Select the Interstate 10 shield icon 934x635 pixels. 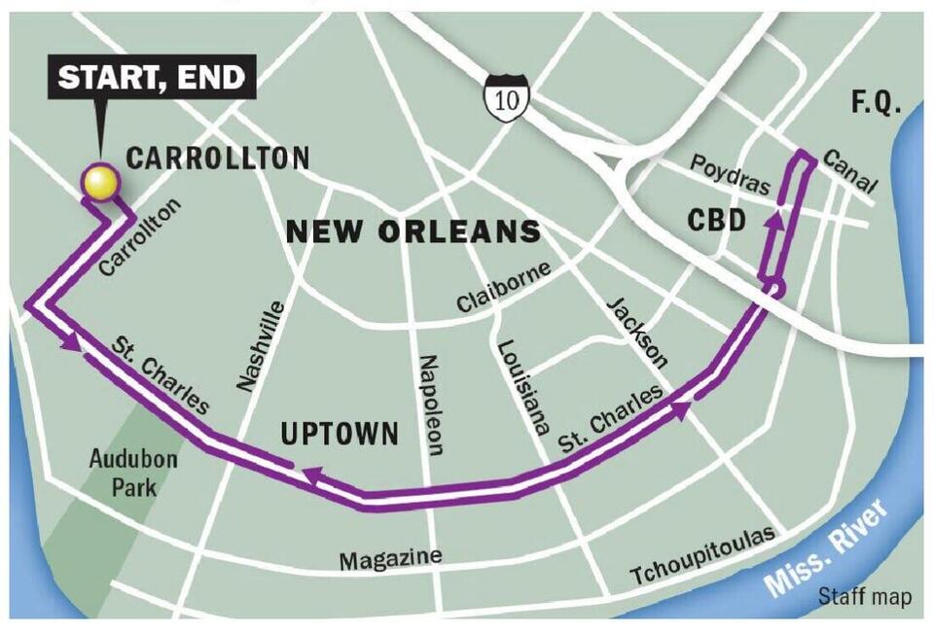click(506, 98)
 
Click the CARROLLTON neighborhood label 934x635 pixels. click(219, 158)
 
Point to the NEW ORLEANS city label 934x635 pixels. click(413, 231)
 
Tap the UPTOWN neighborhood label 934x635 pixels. click(339, 434)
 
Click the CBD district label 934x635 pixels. click(716, 221)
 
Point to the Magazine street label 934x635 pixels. click(390, 559)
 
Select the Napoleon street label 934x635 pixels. click(431, 405)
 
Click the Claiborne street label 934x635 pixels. click(504, 287)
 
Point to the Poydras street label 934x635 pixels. click(730, 175)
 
